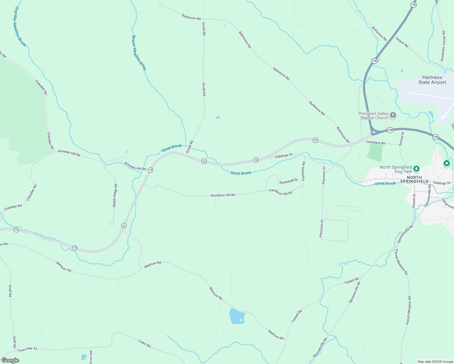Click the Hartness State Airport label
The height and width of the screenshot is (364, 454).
(432, 80)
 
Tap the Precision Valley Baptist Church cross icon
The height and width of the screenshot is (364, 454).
(393, 115)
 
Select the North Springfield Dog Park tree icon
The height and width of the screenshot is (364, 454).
(416, 168)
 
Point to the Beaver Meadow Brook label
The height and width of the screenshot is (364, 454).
(139, 53)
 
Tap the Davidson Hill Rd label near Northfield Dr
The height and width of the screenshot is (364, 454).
(281, 192)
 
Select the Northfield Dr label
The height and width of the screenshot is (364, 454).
(289, 181)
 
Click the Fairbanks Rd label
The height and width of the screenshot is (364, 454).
(303, 171)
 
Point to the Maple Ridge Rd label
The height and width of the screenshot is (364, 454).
(115, 196)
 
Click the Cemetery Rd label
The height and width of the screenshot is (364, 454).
(375, 143)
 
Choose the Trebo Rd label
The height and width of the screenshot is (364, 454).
(144, 343)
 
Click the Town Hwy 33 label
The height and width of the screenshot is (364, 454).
(27, 349)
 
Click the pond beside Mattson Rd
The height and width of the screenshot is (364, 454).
(236, 316)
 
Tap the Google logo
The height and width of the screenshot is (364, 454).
(10, 360)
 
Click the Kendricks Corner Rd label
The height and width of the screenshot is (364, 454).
(443, 46)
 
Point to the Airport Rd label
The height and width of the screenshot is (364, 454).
(402, 42)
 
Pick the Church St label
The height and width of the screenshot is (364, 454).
(414, 201)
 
